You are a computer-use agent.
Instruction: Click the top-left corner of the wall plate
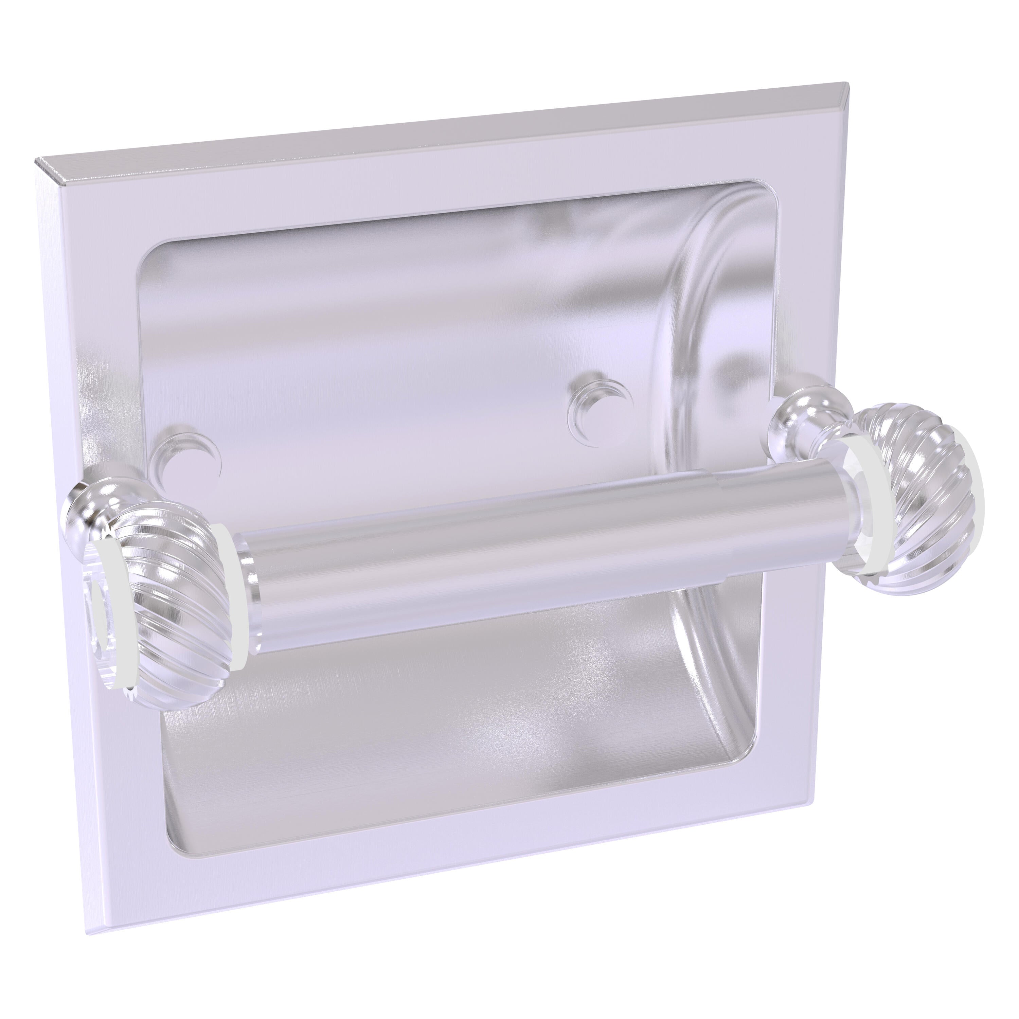(x=37, y=159)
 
